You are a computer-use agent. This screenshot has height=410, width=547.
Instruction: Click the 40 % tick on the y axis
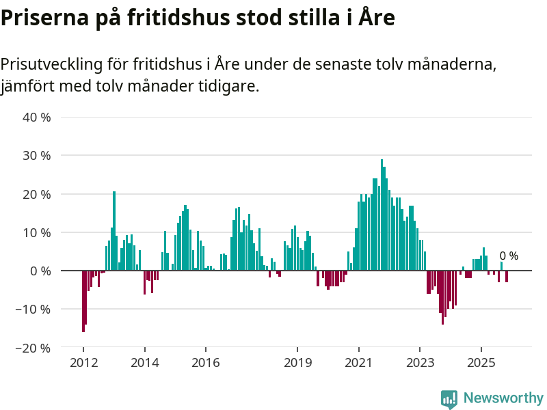click(37, 117)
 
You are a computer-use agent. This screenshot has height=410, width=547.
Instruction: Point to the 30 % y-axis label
click(37, 156)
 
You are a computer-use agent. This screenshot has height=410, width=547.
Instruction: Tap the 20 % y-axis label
click(37, 194)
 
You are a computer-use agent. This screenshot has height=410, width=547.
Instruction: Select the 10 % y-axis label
click(37, 232)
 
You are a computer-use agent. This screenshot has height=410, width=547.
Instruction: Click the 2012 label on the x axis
click(83, 363)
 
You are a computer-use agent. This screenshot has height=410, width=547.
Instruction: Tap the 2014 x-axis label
click(144, 363)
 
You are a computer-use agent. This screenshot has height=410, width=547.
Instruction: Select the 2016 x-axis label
click(205, 363)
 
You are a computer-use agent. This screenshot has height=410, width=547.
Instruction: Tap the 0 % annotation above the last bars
click(509, 256)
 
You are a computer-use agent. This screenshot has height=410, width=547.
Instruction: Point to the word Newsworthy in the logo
click(503, 398)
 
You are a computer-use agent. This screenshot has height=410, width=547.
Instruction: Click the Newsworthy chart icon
click(449, 398)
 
